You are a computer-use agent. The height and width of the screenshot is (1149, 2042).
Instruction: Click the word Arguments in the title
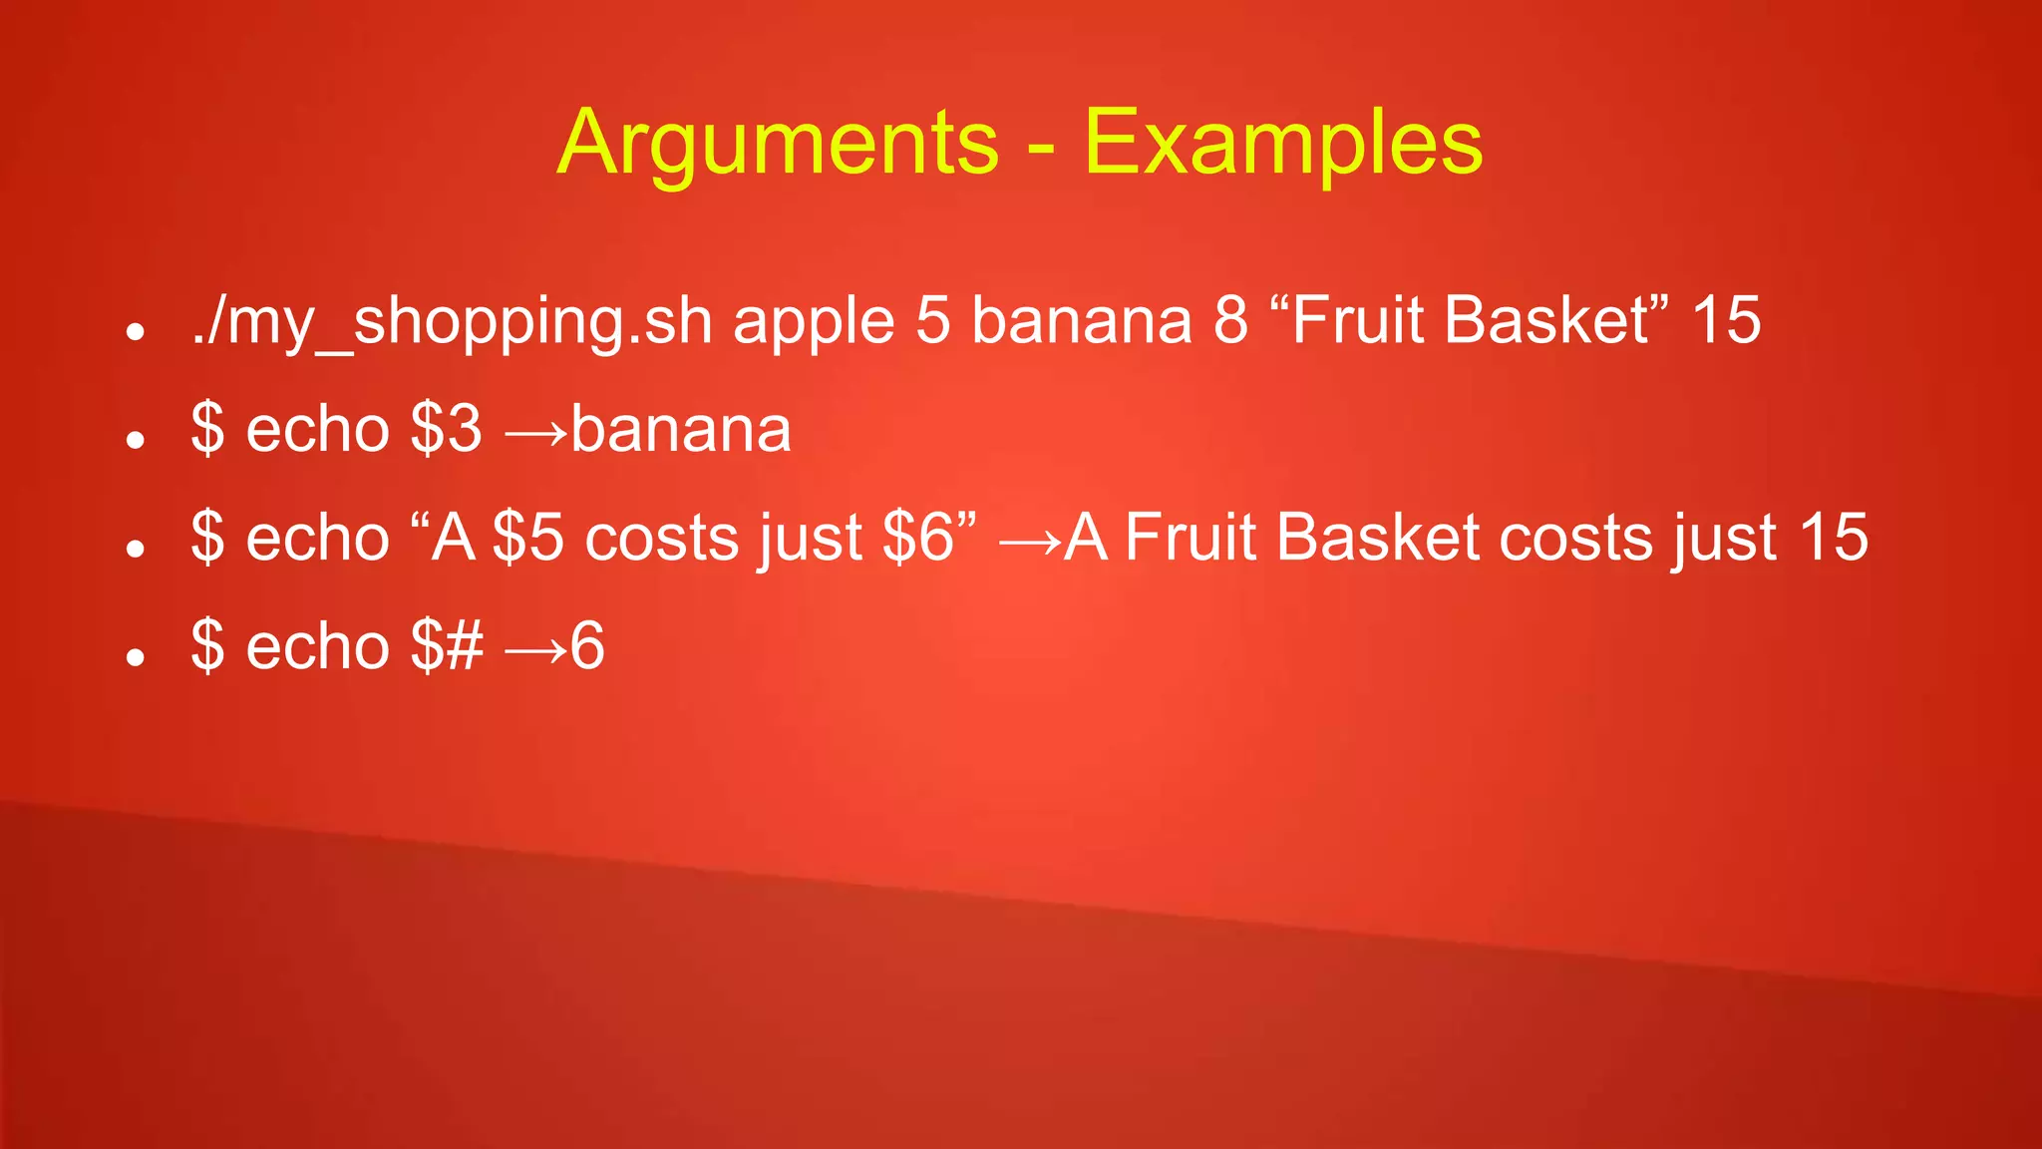(778, 143)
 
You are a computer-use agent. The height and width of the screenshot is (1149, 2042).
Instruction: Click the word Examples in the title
(1283, 143)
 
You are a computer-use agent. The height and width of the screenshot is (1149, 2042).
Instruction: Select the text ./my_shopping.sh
(452, 321)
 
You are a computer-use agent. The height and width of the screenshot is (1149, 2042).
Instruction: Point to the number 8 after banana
(1230, 321)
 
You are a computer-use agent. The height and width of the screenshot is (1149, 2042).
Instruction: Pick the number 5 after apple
(933, 321)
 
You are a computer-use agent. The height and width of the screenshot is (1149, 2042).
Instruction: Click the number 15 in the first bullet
(1726, 321)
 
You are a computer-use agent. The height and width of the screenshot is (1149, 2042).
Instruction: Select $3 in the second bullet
(446, 429)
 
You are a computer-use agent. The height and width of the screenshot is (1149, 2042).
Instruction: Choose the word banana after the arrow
(681, 429)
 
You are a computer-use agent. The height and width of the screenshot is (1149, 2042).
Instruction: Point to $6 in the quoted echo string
(918, 538)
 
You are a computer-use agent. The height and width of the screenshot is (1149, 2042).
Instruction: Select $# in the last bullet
(447, 645)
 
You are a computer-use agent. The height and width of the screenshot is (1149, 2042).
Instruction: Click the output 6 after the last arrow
(587, 645)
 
